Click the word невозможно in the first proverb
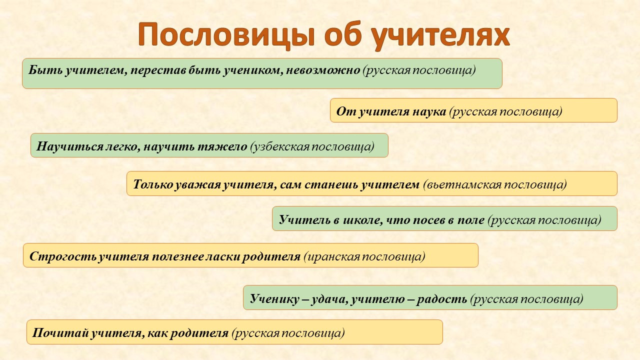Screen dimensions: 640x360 coord(323,70)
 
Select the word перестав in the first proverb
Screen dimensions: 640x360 coord(158,70)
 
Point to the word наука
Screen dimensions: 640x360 coord(429,111)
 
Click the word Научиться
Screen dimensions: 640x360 coord(70,146)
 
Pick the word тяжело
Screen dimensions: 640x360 coord(222,146)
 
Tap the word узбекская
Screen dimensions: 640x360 coord(280,147)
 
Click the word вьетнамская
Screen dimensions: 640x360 coord(462,184)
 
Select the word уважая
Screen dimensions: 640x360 coord(197,185)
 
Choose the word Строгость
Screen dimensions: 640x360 coord(63,256)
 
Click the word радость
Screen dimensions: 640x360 coord(441,299)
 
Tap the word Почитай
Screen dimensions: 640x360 coord(60,333)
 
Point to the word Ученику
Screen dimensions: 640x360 coord(274,299)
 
